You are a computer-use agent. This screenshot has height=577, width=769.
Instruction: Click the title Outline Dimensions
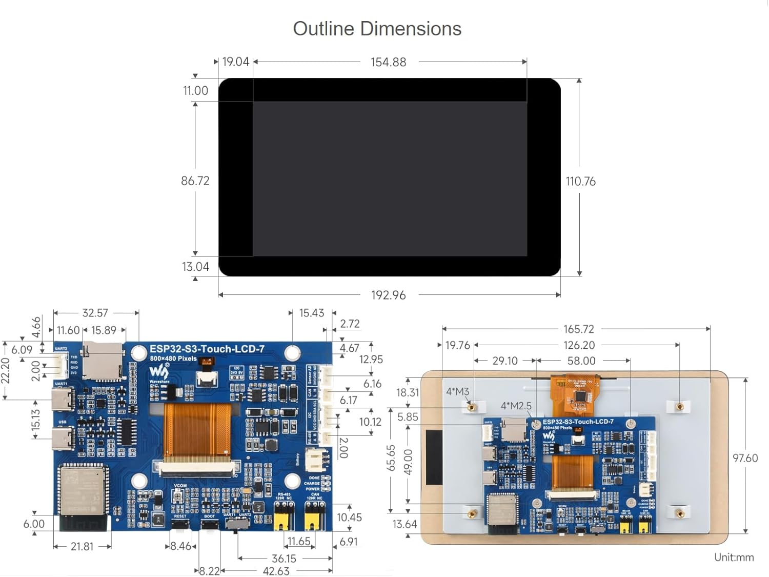click(377, 29)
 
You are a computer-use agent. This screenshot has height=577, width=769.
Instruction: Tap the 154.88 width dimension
click(388, 62)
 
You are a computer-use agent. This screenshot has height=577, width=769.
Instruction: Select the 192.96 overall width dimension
click(388, 295)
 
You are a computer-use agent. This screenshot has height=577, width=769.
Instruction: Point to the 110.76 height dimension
click(580, 181)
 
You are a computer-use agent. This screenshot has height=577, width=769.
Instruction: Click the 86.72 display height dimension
click(195, 181)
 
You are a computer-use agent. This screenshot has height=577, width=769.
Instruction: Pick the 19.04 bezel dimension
click(235, 62)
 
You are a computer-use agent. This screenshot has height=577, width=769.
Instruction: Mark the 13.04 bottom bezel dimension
click(195, 267)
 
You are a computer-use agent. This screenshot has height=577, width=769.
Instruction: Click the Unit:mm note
click(734, 557)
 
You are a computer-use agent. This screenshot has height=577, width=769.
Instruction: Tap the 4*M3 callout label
click(457, 391)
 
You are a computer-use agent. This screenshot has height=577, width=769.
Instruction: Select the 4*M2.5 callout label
click(516, 406)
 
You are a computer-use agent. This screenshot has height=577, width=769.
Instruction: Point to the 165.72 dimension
click(578, 329)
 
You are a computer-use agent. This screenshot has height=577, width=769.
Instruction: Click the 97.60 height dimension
click(745, 458)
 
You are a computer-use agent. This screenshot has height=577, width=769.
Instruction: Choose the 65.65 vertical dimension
click(391, 457)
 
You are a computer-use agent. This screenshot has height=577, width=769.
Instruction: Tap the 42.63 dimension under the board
click(276, 571)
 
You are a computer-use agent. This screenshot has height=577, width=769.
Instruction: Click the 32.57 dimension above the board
click(95, 313)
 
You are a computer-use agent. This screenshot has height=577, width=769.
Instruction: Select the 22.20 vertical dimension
click(5, 370)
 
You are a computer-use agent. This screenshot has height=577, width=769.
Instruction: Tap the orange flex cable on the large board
click(197, 428)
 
